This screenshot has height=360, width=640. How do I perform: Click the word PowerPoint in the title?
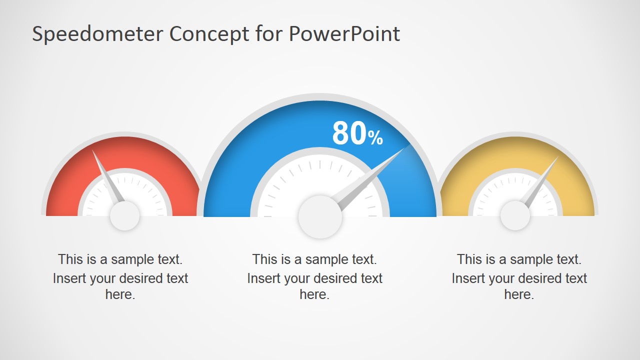[344, 34]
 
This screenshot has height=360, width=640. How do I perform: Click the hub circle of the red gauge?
[124, 216]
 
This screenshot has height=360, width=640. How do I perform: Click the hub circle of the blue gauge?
[320, 217]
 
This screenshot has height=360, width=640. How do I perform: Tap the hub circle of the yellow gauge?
[515, 215]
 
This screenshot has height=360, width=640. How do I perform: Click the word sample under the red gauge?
[132, 259]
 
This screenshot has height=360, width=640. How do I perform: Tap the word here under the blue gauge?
[314, 294]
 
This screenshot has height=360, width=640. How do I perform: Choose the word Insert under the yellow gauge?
[468, 278]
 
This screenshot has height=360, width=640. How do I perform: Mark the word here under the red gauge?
[120, 294]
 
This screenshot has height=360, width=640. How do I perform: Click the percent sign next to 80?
[376, 137]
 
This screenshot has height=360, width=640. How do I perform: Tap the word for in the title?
[270, 34]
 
